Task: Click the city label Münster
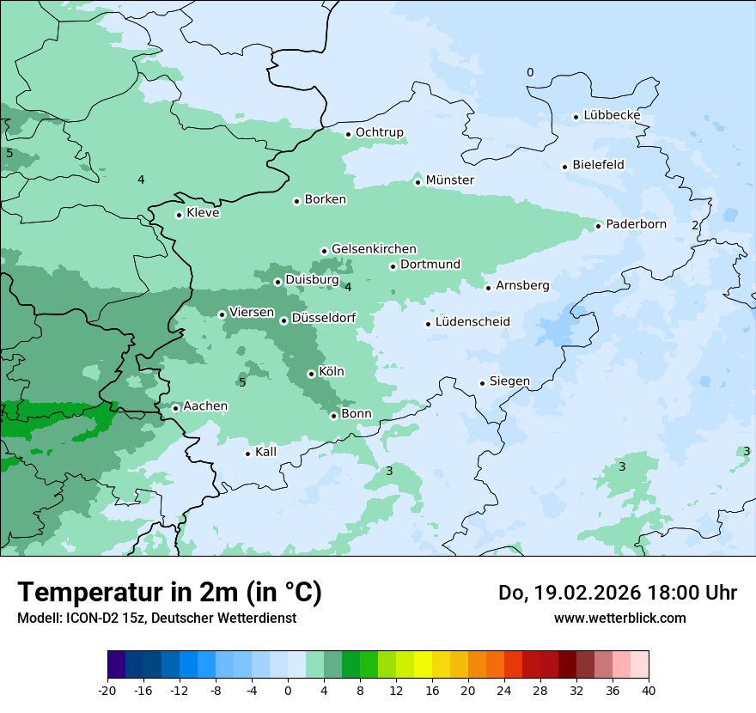click(449, 180)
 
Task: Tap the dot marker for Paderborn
click(599, 226)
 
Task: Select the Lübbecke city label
click(612, 115)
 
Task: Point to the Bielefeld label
click(598, 165)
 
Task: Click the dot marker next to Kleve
click(179, 215)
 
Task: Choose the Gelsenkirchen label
click(374, 249)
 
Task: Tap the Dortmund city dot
click(393, 266)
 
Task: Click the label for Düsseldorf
click(324, 319)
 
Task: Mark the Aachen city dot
click(175, 408)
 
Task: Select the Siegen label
click(509, 381)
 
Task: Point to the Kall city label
click(265, 452)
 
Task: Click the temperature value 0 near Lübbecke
click(530, 73)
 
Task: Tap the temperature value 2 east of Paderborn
click(695, 225)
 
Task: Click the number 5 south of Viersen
click(242, 382)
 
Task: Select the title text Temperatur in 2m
click(169, 592)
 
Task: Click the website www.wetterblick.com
click(619, 618)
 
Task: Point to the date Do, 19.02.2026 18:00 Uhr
click(617, 593)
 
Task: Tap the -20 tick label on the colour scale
click(107, 691)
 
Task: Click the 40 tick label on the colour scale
click(649, 691)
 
